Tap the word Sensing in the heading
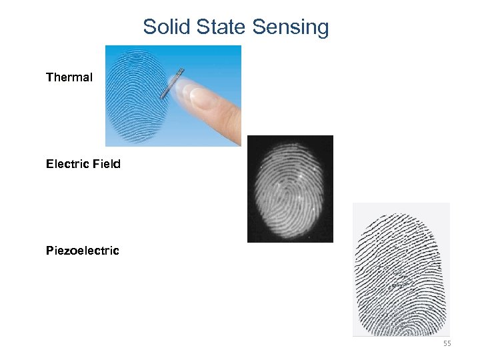(290, 28)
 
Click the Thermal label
(69, 77)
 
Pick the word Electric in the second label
(69, 164)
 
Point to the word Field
(107, 164)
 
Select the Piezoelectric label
(82, 251)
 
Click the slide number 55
(447, 343)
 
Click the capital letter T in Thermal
(49, 77)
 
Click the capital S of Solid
(149, 27)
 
